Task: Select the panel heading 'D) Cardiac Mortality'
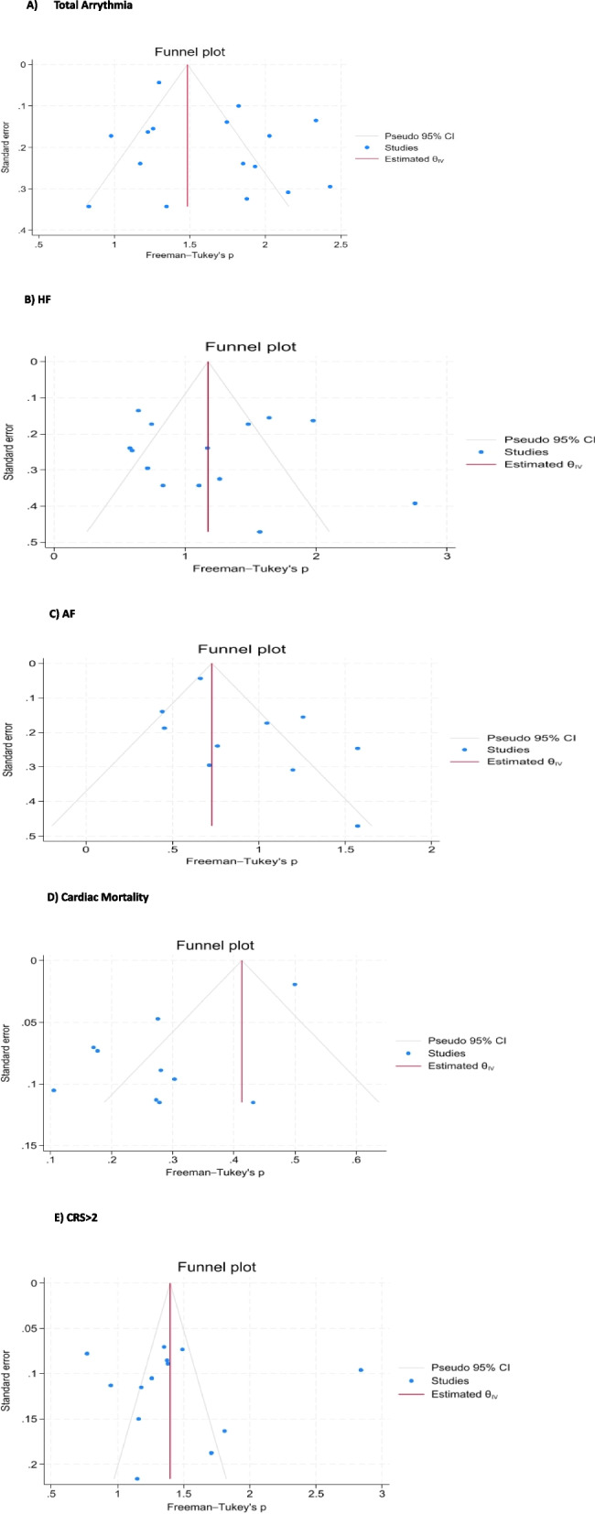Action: [x=76, y=897]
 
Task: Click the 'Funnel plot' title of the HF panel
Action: [x=250, y=347]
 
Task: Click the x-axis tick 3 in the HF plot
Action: [x=447, y=556]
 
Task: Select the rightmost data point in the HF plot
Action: [x=415, y=503]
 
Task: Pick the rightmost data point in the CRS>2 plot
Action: [x=361, y=1369]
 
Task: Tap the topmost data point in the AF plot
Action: [x=200, y=678]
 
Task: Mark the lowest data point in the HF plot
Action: [x=259, y=532]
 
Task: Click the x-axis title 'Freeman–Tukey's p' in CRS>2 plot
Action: [x=218, y=1507]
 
